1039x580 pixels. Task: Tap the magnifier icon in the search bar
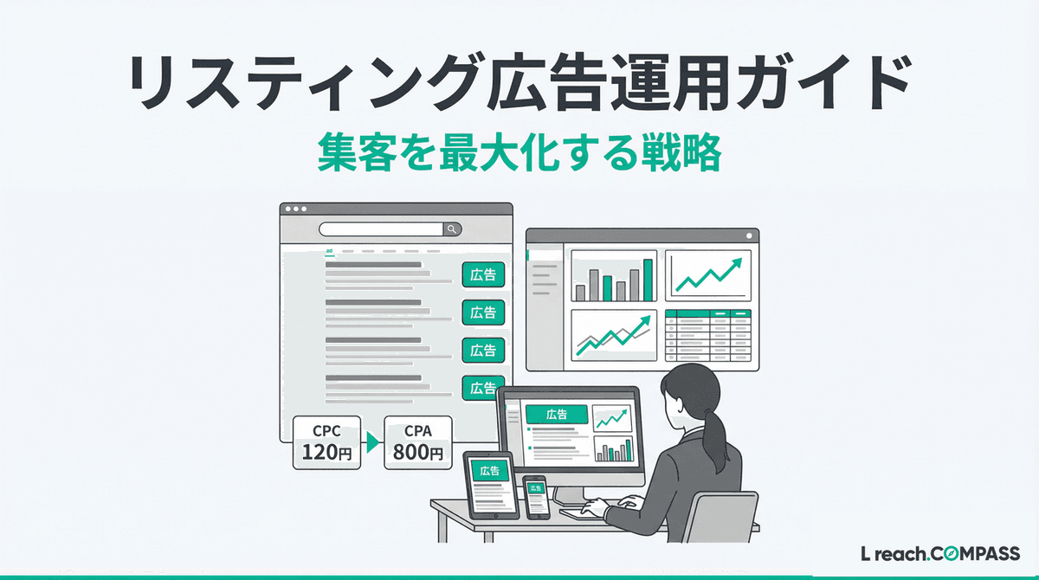tap(452, 229)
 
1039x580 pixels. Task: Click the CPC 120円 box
tap(327, 442)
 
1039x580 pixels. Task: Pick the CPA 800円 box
tap(417, 442)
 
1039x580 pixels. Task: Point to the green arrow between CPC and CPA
tap(372, 443)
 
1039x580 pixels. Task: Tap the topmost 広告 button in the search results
tap(483, 274)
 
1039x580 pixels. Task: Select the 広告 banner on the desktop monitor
tap(557, 414)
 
